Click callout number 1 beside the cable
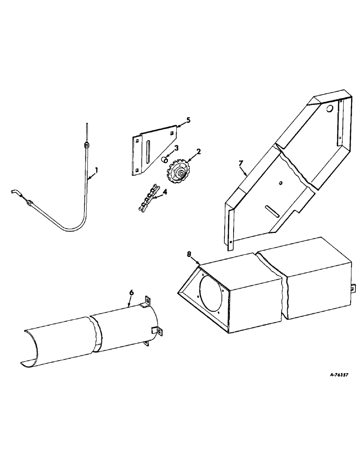[97, 171]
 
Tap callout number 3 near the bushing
[176, 148]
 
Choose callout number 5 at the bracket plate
[188, 120]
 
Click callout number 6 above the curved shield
[132, 292]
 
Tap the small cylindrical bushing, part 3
[165, 160]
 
